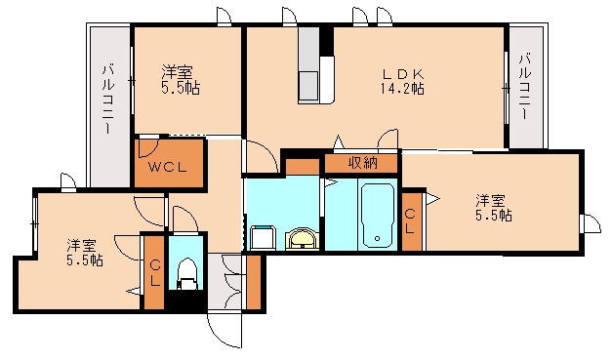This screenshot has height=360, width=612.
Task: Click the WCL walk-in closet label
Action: (168, 167)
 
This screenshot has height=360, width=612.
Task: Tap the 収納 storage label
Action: (361, 163)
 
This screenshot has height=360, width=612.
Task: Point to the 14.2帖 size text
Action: (402, 88)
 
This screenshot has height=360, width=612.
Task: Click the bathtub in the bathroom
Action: (377, 216)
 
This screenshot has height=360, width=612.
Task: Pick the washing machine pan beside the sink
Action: (262, 237)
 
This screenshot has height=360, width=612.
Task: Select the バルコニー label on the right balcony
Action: (524, 86)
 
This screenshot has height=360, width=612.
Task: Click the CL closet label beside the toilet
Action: (153, 272)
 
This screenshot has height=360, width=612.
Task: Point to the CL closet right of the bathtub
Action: (411, 220)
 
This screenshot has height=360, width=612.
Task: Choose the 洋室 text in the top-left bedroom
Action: (177, 71)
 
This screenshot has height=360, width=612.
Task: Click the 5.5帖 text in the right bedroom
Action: (494, 217)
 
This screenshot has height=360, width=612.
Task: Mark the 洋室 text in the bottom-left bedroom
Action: (83, 245)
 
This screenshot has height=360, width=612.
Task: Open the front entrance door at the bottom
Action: (223, 329)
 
